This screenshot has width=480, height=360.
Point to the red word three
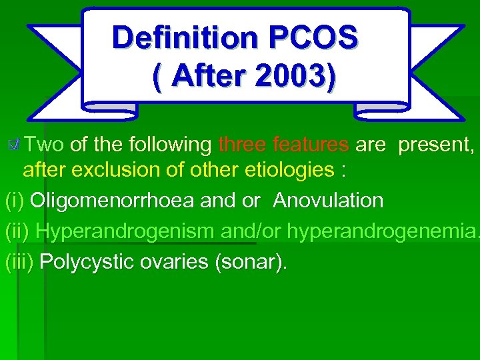tap(241, 144)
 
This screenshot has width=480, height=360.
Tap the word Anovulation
tap(328, 200)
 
